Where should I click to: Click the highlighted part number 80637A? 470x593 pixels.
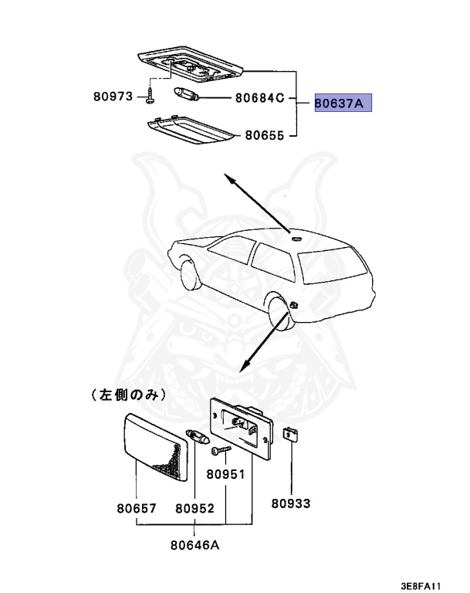coord(343,103)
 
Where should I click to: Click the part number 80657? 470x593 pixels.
coord(137,508)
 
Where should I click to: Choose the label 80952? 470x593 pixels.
coord(194,508)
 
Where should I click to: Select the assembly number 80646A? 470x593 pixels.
coord(195,544)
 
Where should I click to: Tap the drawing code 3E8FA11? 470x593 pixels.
coord(421,585)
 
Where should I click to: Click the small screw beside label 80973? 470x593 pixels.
coord(150,97)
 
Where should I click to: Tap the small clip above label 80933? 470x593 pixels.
coord(291,435)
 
